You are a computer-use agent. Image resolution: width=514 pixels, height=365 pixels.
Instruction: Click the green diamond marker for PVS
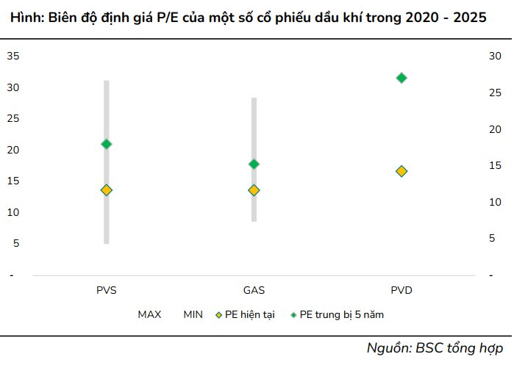107,144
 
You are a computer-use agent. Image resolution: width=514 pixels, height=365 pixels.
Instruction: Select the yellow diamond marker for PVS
107,190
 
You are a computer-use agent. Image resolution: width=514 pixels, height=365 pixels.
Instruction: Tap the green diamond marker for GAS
254,164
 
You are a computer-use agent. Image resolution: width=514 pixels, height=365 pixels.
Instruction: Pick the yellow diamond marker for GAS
254,190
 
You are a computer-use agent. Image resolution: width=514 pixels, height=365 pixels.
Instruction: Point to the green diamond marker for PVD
401,78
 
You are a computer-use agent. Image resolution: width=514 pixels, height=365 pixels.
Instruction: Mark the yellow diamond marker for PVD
401,171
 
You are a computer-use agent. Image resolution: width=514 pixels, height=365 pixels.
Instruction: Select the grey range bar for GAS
254,125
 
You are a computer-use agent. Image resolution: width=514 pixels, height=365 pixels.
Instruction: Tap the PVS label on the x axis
107,289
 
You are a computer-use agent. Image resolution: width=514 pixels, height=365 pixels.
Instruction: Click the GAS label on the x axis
254,289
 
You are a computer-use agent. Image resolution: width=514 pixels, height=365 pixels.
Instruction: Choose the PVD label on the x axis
401,289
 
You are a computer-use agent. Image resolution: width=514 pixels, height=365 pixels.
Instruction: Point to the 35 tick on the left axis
13,56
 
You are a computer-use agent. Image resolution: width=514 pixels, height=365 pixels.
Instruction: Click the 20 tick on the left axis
13,150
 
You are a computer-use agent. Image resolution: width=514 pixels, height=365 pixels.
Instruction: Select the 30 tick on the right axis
495,56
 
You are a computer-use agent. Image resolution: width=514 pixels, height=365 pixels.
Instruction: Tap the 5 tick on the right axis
495,237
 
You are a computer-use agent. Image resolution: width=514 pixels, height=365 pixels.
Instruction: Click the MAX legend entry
149,314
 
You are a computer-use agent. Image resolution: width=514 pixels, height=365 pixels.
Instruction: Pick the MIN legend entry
193,314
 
